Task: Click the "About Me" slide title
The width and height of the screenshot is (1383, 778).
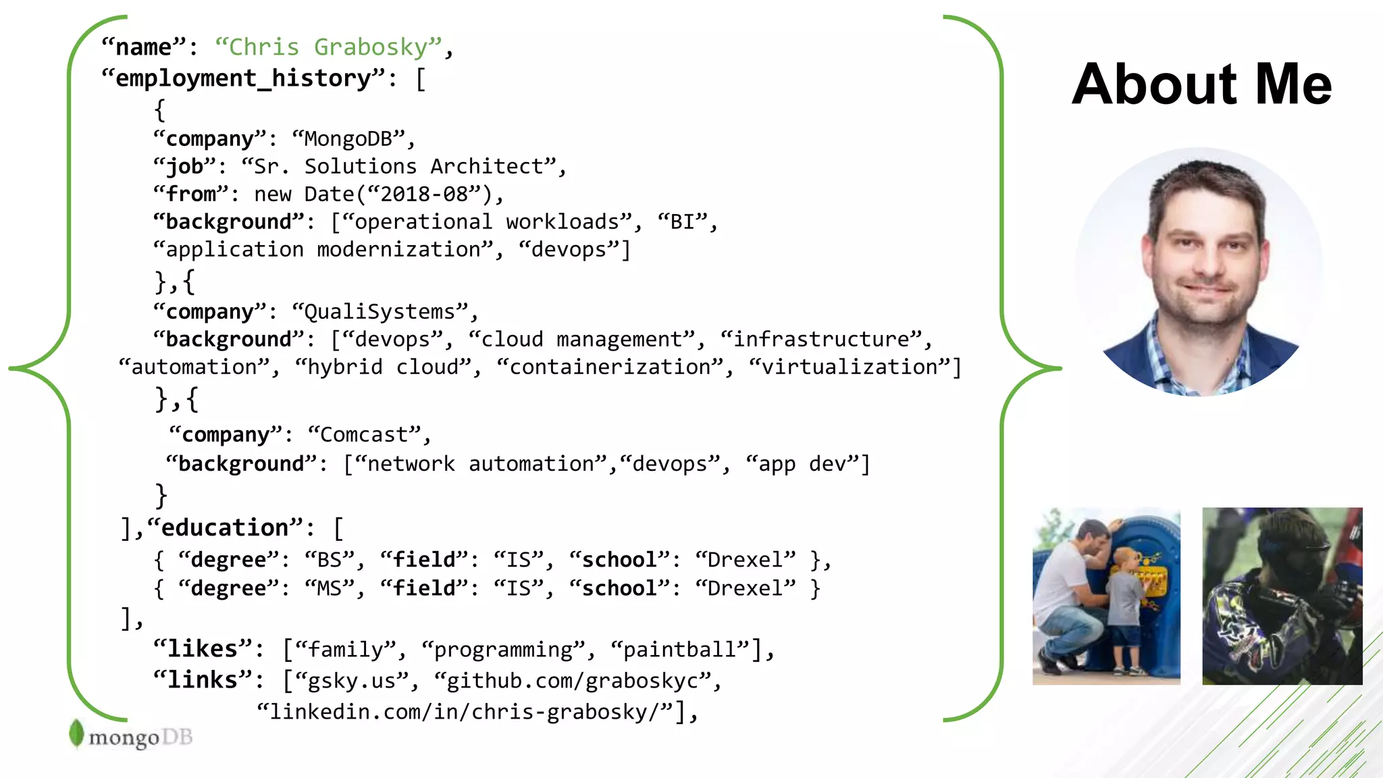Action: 1201,84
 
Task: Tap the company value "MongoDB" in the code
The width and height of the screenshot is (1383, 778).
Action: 348,139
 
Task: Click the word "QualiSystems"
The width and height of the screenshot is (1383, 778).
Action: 380,312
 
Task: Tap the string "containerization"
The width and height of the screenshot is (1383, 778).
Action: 610,367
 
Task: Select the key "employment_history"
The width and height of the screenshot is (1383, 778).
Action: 244,79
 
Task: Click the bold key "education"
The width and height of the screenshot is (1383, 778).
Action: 225,528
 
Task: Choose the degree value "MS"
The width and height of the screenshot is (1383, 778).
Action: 330,589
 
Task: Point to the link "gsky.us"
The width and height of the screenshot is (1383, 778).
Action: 351,681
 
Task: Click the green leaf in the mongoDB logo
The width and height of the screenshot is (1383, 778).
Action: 76,733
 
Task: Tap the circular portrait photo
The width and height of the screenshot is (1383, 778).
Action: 1199,272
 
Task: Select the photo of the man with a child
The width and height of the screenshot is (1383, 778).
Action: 1106,596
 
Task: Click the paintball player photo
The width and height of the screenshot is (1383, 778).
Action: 1282,596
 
